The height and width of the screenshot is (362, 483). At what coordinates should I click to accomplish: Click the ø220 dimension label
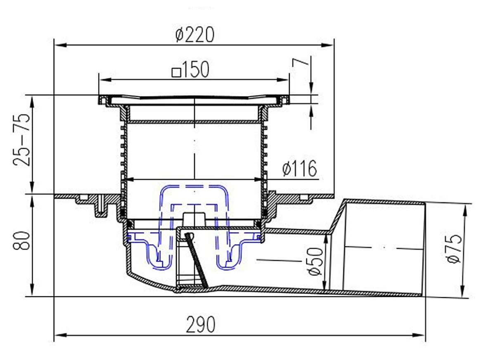195,35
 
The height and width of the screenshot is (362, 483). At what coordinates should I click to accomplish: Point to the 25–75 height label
21,140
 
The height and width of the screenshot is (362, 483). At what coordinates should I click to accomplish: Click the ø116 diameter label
299,169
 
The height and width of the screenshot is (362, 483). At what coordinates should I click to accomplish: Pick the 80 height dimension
21,240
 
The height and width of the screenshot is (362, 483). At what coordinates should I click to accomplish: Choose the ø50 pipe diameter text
315,261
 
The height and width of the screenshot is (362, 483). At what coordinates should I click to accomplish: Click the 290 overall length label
201,325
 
